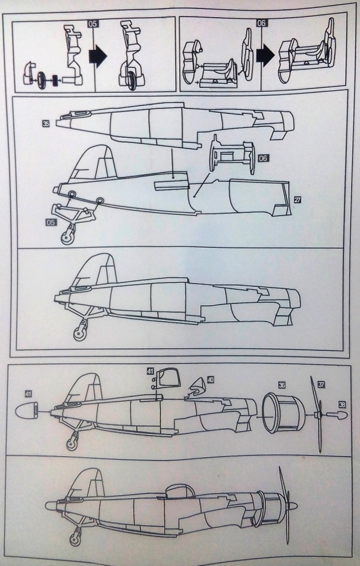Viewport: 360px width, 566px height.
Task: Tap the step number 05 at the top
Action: point(92,24)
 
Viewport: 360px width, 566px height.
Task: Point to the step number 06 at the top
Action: point(263,23)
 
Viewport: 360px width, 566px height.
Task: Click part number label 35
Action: point(46,123)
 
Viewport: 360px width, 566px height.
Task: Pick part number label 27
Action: point(298,200)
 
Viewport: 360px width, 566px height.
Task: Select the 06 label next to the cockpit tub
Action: point(263,158)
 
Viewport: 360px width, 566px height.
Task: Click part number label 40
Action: point(210,380)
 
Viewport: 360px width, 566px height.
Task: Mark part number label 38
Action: point(342,405)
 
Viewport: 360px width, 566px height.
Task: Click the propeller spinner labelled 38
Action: point(336,415)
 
